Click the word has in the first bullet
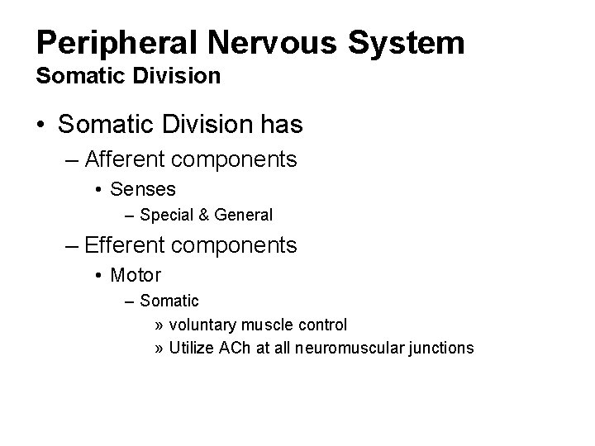(x=280, y=126)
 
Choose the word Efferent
(x=136, y=245)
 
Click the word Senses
(x=143, y=189)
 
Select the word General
(x=243, y=216)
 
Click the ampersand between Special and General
(x=203, y=216)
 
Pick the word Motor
(x=136, y=275)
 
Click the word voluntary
(x=203, y=325)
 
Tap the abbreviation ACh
(x=234, y=348)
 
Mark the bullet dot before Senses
(x=98, y=190)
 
